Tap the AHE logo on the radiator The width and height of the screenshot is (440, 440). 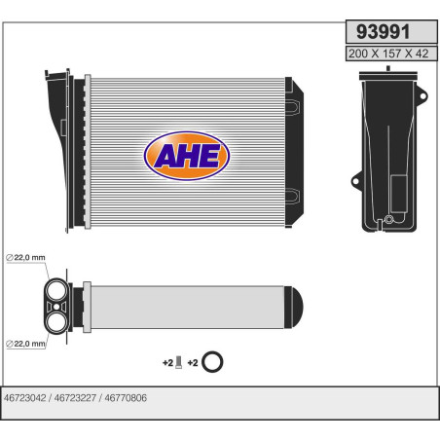187,155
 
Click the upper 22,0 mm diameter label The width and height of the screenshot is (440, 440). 25,256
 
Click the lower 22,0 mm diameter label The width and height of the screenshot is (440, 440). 25,343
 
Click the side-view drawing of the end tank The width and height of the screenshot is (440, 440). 387,156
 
